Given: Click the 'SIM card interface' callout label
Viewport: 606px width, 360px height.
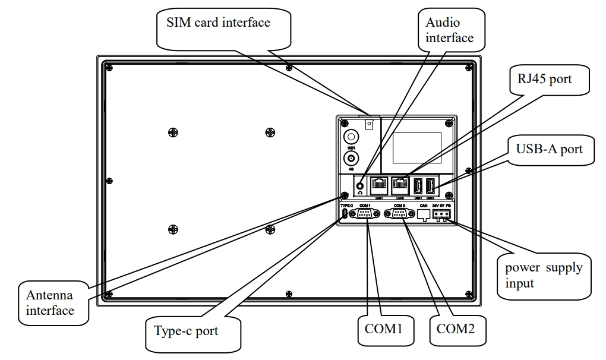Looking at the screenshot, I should point(218,23).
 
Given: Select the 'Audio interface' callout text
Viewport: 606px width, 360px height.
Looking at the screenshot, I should point(450,30).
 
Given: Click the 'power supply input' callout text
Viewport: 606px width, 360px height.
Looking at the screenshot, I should point(544,275).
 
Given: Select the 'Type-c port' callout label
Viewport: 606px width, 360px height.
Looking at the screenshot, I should point(186,331).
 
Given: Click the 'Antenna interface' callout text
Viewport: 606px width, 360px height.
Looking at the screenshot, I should point(50,302).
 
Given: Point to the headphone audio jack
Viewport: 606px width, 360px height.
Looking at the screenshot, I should point(359,185).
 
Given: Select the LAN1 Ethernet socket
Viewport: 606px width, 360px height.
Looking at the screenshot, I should point(378,185).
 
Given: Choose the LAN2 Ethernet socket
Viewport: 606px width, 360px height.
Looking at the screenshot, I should point(399,185).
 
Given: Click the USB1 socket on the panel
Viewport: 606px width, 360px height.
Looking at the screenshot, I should point(418,186).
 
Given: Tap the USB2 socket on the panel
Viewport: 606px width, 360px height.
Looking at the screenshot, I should point(431,186).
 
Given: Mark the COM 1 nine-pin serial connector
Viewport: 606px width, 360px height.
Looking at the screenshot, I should point(364,214).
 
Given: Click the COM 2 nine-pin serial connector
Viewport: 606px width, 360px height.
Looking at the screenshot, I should point(399,214).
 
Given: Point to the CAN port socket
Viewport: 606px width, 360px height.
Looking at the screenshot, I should point(424,215).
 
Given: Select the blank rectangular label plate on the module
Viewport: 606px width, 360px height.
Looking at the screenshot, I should point(416,149).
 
